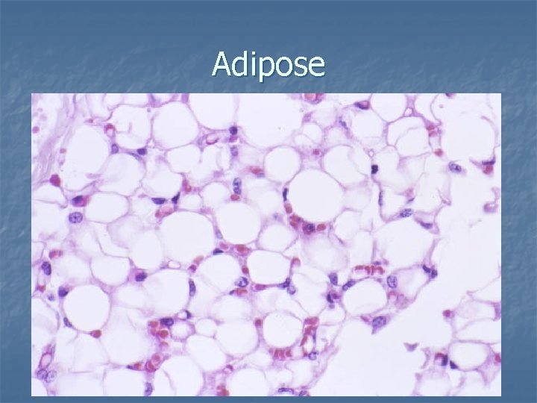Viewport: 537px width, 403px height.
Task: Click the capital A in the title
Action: pos(221,65)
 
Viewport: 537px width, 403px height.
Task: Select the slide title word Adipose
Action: pos(268,66)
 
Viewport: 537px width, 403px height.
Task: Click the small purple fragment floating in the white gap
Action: pos(411,346)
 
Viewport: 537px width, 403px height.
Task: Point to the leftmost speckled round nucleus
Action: pos(75,219)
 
